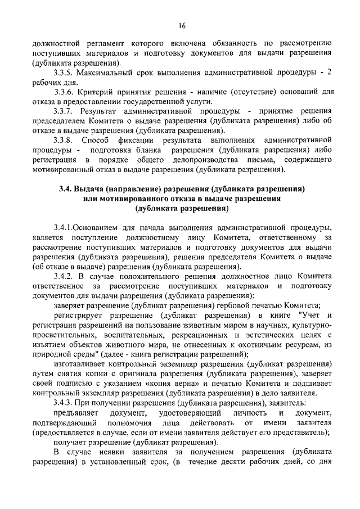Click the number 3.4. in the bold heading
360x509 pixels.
69,189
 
